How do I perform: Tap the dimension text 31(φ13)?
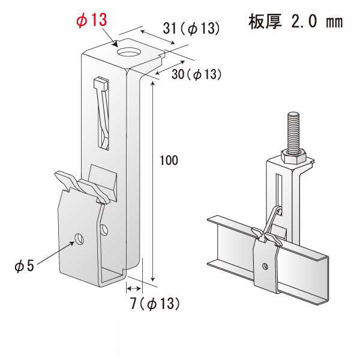(190, 28)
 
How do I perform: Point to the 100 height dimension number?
(169, 160)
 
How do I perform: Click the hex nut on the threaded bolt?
(293, 157)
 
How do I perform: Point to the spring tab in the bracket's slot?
(103, 114)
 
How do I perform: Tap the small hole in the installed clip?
(265, 264)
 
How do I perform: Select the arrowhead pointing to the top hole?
(116, 43)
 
